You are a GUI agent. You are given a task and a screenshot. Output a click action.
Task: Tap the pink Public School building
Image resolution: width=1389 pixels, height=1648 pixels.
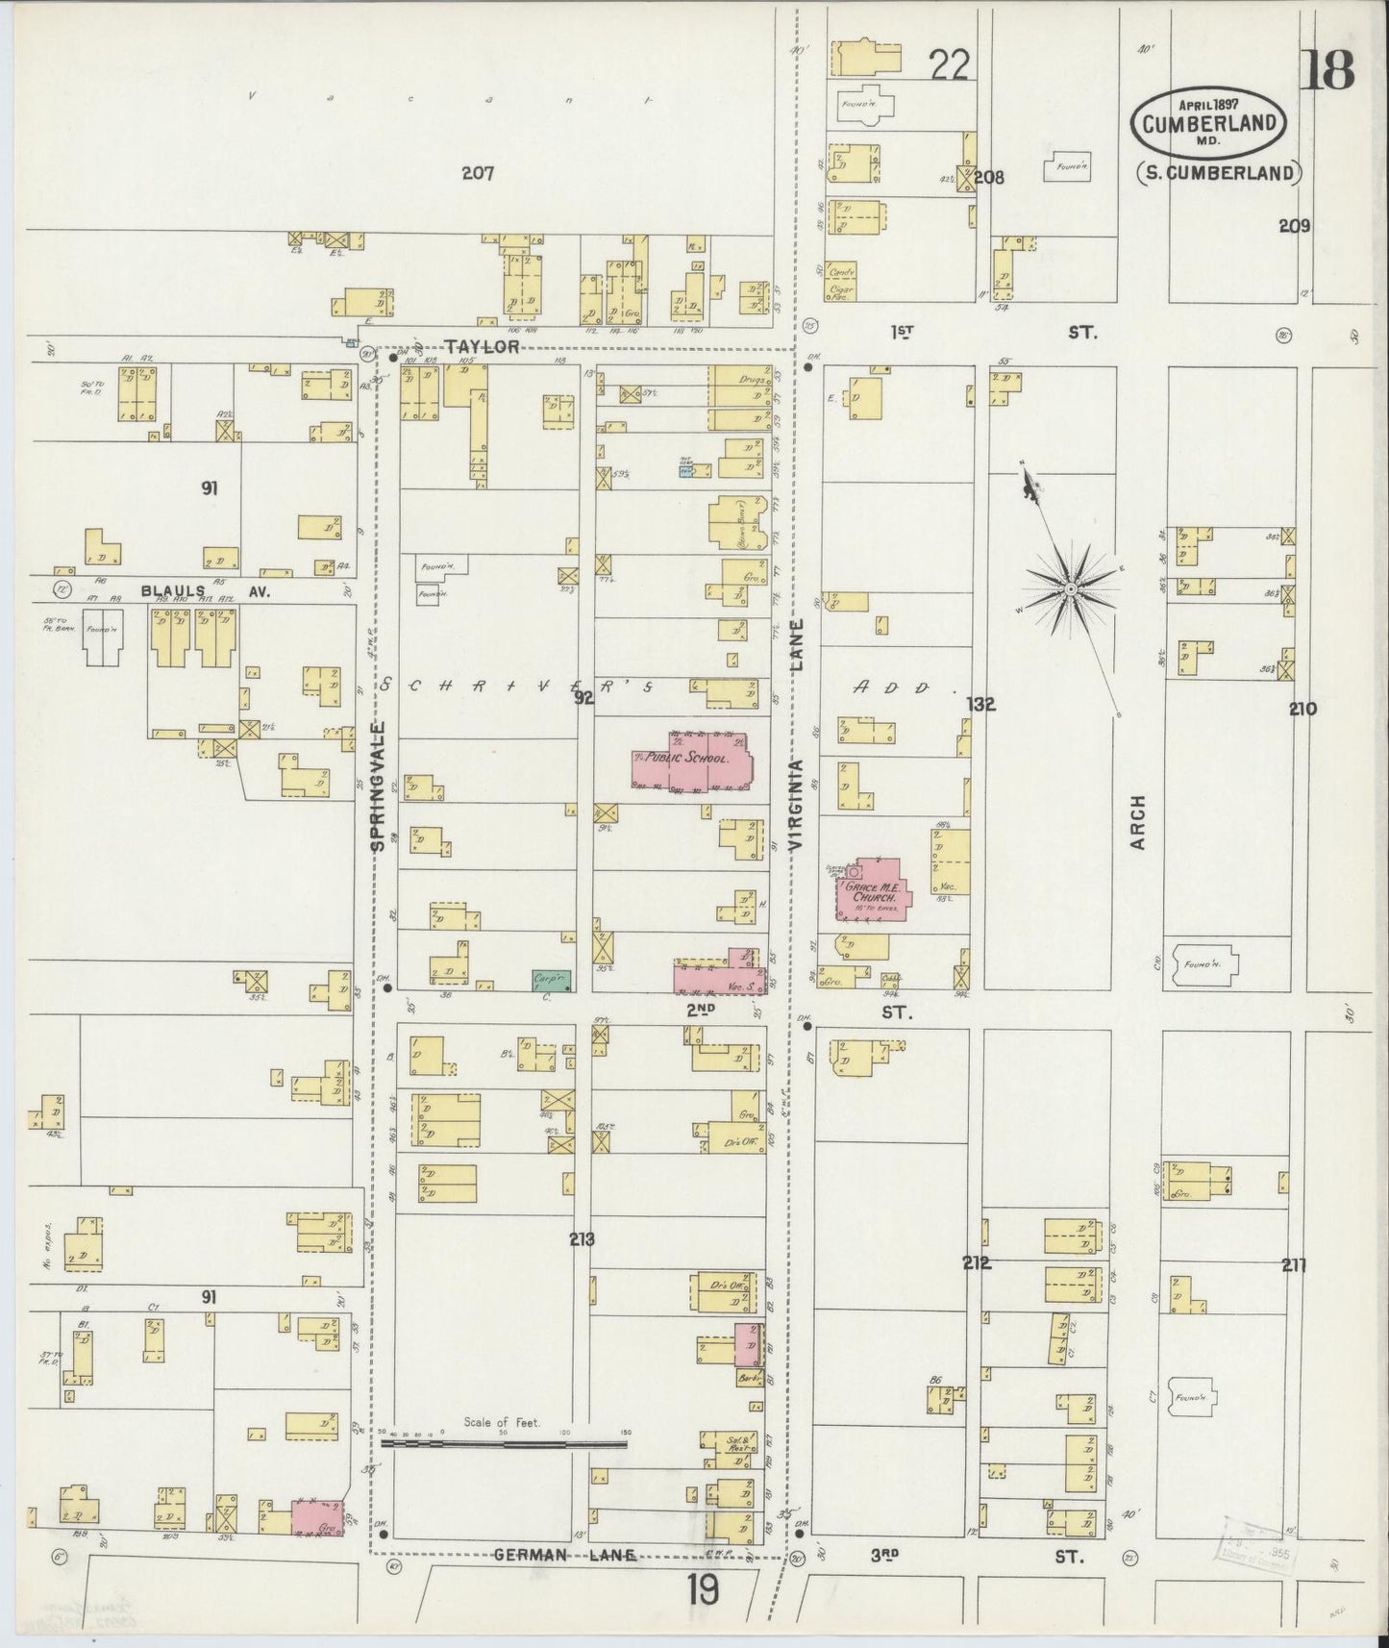(x=699, y=759)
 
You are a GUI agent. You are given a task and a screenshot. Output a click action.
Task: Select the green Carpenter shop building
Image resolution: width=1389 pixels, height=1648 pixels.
(x=552, y=980)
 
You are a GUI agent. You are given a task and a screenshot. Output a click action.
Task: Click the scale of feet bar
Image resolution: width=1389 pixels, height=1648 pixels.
(x=504, y=1443)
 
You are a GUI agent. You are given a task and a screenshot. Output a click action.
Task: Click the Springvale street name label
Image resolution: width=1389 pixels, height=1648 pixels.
(x=377, y=787)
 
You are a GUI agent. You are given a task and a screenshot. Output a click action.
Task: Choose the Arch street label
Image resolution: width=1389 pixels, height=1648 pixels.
(x=1139, y=821)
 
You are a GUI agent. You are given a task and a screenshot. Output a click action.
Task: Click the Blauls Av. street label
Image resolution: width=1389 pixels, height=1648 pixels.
(x=206, y=591)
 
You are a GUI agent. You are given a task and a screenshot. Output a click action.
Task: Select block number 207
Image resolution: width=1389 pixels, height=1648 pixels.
(x=477, y=174)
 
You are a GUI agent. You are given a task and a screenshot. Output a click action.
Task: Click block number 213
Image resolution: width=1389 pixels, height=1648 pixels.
(x=581, y=1239)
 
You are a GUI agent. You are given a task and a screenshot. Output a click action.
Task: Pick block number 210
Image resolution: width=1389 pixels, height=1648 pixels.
(x=1302, y=710)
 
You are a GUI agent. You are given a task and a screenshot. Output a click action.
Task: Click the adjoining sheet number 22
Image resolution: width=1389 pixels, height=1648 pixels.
(x=949, y=65)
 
